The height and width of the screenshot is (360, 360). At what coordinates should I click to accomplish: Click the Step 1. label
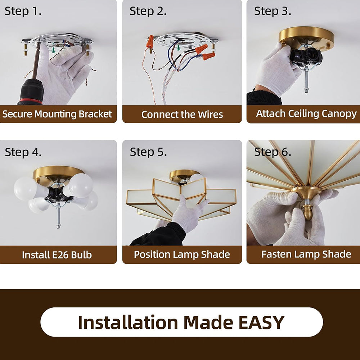pyautogui.click(x=23, y=11)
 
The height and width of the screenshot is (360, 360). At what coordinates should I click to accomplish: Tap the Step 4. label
pyautogui.click(x=23, y=152)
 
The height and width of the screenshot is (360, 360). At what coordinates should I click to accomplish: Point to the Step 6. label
pyautogui.click(x=273, y=152)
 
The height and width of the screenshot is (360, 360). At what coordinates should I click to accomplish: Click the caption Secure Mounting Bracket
pyautogui.click(x=57, y=114)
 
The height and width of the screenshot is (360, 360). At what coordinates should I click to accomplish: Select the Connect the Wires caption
pyautogui.click(x=182, y=114)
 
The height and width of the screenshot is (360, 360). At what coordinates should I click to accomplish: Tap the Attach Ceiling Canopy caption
pyautogui.click(x=306, y=114)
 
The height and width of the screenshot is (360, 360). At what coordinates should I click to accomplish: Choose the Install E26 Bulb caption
pyautogui.click(x=57, y=255)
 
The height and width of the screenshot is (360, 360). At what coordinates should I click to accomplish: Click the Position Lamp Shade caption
pyautogui.click(x=182, y=255)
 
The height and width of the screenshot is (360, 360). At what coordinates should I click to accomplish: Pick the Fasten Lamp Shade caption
pyautogui.click(x=306, y=254)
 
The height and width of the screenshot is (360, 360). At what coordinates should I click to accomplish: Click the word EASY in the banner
pyautogui.click(x=261, y=322)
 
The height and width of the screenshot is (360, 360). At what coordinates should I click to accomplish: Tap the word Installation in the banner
pyautogui.click(x=128, y=322)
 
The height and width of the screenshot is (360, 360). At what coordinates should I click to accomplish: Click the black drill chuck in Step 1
pyautogui.click(x=31, y=92)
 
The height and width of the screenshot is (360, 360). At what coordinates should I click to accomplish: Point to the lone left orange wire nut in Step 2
pyautogui.click(x=150, y=41)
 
